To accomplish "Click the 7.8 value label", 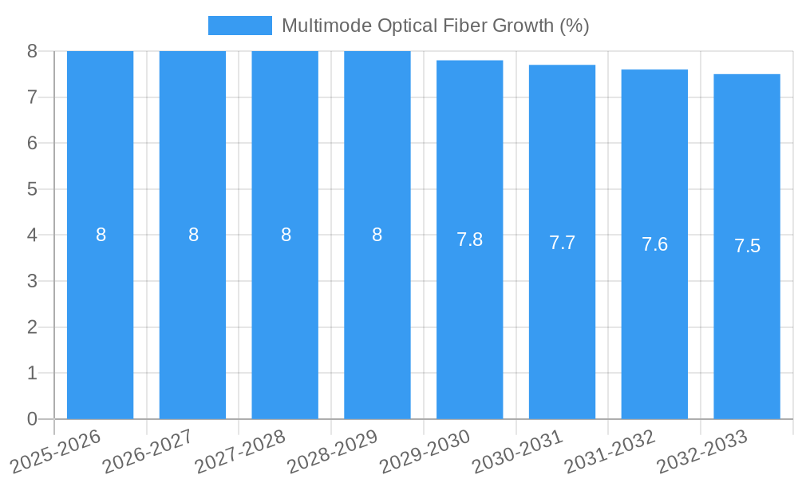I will click(469, 239).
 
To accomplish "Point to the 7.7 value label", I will click(562, 243).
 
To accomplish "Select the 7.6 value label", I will click(654, 245).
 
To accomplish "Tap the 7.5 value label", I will click(747, 247).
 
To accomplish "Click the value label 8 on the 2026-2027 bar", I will click(193, 236).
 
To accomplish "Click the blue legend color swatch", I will click(239, 26).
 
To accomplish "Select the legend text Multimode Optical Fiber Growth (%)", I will click(435, 26).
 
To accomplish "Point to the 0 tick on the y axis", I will click(32, 419).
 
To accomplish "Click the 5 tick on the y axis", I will click(32, 189).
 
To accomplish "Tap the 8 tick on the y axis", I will click(32, 51).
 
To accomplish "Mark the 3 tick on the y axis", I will click(32, 281).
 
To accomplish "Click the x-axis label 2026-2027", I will click(148, 451).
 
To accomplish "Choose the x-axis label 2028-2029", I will click(332, 451).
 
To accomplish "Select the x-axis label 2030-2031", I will click(517, 451).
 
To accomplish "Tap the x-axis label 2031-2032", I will click(610, 451).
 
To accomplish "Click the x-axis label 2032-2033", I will click(702, 451).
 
